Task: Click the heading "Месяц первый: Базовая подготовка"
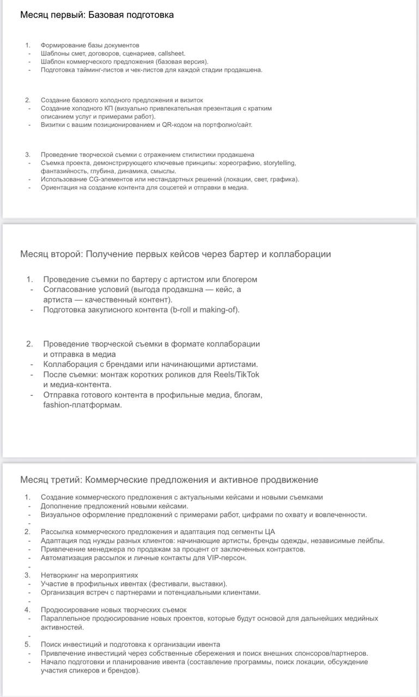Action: (97, 15)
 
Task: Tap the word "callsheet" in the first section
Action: (171, 53)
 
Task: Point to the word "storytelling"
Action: (280, 163)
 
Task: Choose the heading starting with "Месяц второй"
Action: (175, 254)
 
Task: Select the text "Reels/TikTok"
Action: (235, 375)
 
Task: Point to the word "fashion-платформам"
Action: (83, 405)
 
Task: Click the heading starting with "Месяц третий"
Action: (169, 480)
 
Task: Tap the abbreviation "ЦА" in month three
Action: (270, 532)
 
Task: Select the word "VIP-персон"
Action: (227, 558)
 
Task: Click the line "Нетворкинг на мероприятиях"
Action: (89, 575)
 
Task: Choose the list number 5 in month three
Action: (27, 644)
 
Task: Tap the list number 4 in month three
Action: (27, 610)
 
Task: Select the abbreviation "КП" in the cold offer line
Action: (107, 108)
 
